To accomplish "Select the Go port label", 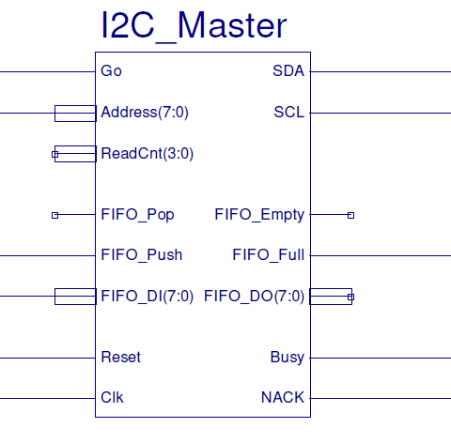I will [x=111, y=71].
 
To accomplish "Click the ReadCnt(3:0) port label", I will [x=147, y=153].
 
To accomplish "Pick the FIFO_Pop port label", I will [x=137, y=215].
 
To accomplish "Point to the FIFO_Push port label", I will [x=141, y=254].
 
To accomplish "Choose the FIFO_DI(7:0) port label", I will [x=147, y=297].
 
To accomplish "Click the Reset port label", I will [x=120, y=358].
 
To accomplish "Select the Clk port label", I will [x=112, y=398].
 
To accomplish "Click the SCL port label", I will [x=288, y=114].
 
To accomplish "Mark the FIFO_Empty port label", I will [x=259, y=215].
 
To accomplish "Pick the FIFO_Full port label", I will [x=268, y=254].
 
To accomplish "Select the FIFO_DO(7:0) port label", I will [x=254, y=297].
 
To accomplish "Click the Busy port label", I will [x=287, y=358].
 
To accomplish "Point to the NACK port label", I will [x=283, y=398].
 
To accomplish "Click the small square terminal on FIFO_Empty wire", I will [x=350, y=215].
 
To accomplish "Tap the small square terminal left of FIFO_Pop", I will [x=54, y=215].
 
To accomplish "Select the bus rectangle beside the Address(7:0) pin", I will [x=75, y=114].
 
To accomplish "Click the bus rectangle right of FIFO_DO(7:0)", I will [x=331, y=297].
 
